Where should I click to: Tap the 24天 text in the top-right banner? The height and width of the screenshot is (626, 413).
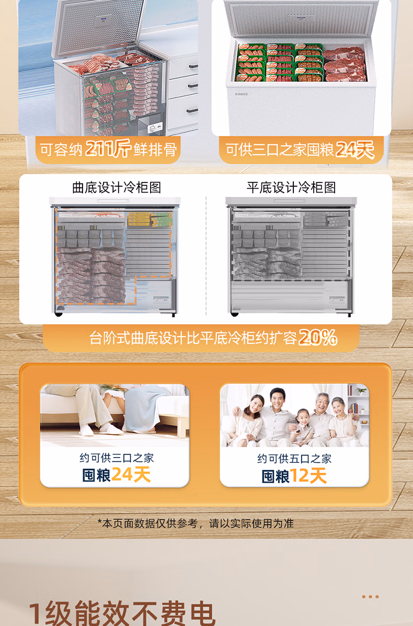coord(355,150)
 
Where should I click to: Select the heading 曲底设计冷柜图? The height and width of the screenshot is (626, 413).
coord(117,188)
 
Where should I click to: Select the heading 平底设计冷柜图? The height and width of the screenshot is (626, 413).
coord(291,188)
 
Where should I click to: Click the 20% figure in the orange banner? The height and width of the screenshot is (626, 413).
coord(317,338)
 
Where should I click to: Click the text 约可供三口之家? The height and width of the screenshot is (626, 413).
coord(117,458)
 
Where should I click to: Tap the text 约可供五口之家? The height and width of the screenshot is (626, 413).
coord(294,459)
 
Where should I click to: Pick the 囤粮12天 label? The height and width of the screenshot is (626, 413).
coord(294,475)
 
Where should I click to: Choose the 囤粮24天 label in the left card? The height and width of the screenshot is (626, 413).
coord(117,475)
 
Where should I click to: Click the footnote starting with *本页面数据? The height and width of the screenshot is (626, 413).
coord(196,523)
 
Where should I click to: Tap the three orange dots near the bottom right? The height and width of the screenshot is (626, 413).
coord(370,597)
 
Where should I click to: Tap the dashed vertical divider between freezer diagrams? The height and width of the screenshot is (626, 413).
coord(206,256)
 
